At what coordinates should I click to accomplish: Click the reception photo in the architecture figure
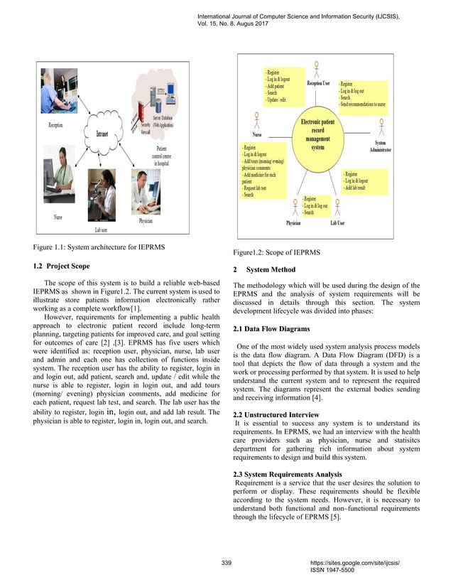point(56,94)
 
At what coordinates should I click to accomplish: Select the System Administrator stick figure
point(381,127)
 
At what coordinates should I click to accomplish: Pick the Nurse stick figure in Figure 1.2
point(258,122)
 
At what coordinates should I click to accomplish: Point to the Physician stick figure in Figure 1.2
point(294,207)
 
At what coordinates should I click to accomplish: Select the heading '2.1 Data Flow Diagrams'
point(271,329)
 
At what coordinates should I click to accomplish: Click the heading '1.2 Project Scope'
point(62,266)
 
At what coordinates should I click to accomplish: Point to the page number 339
point(227,563)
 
